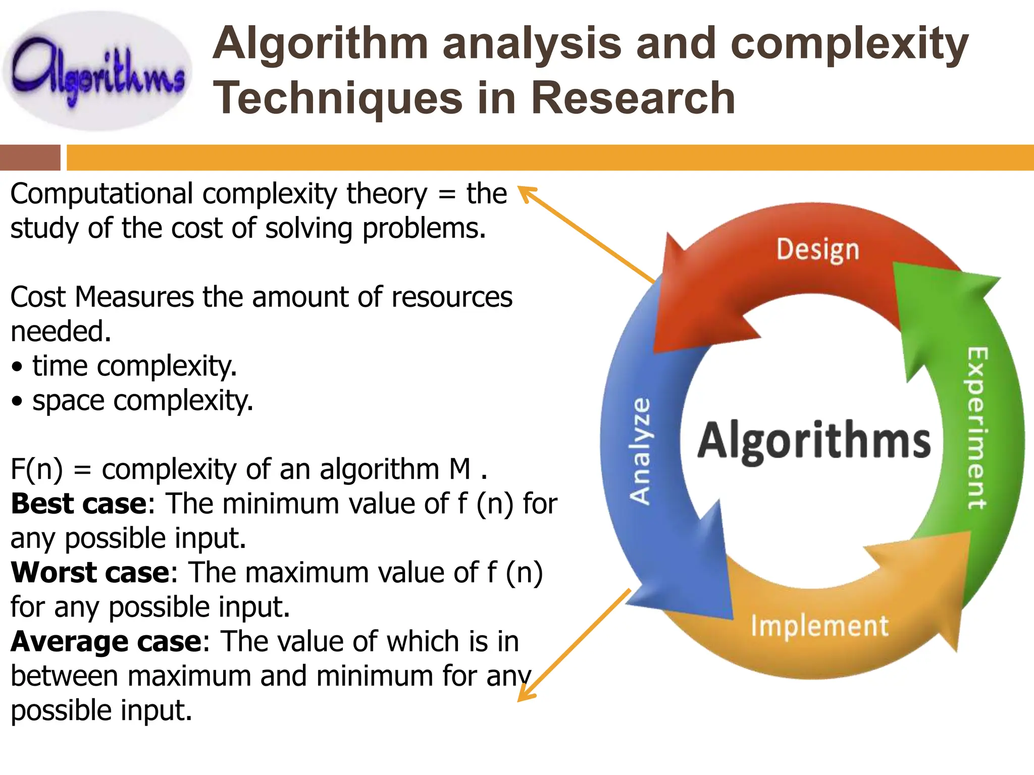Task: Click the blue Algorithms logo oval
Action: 97,72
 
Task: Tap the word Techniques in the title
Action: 337,98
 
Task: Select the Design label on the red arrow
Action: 817,250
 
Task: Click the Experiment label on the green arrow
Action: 976,428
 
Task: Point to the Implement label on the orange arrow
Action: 819,626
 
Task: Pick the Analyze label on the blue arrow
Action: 641,451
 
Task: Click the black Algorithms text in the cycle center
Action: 814,440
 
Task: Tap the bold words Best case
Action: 79,504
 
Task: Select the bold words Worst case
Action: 90,572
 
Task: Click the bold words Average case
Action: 107,641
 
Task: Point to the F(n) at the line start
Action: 36,469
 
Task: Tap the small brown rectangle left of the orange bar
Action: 30,157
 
